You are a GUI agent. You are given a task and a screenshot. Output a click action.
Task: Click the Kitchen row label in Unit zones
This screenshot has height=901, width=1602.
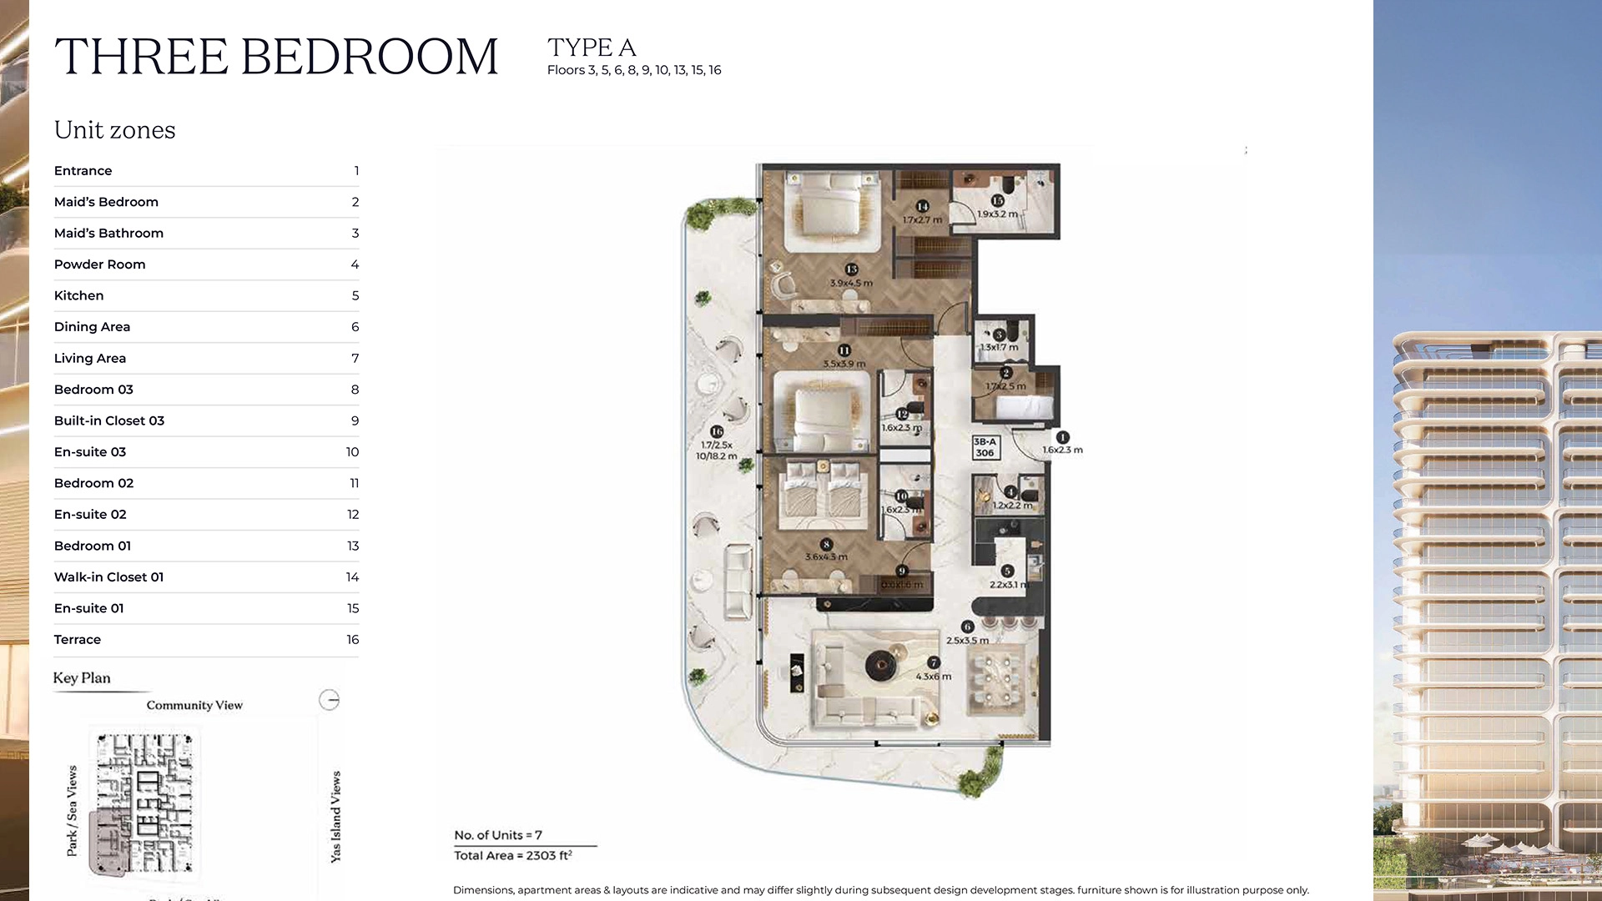[x=79, y=295]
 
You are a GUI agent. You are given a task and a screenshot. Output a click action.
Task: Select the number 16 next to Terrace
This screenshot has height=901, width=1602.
[x=352, y=640]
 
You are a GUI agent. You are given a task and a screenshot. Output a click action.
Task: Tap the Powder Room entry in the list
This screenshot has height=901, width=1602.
[x=100, y=264]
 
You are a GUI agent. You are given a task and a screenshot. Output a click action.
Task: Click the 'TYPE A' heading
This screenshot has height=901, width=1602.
[x=592, y=48]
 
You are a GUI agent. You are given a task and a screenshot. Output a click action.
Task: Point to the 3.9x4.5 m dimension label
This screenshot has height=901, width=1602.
[x=851, y=284]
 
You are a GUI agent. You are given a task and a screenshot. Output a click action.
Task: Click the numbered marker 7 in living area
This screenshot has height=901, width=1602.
[x=934, y=662]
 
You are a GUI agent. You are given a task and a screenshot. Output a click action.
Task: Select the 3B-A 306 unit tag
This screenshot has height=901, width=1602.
[x=985, y=447]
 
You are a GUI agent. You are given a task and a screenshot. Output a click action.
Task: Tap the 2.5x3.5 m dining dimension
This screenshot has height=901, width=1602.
[x=967, y=641]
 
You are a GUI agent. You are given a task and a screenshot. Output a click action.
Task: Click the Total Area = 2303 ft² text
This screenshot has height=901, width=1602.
[x=513, y=856]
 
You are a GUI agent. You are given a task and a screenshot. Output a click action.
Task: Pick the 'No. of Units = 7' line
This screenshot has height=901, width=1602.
[x=498, y=835]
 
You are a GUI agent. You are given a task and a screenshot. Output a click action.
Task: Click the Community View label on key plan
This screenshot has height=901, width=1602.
[x=194, y=706]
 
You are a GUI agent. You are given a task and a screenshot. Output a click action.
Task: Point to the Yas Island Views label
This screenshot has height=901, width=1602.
[x=335, y=817]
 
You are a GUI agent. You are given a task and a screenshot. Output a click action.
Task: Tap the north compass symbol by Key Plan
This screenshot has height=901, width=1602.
[x=330, y=700]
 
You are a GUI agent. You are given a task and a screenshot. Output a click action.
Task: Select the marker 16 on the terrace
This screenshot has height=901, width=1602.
[x=717, y=431]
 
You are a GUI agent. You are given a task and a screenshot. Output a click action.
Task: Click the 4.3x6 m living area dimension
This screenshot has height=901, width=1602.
[x=933, y=677]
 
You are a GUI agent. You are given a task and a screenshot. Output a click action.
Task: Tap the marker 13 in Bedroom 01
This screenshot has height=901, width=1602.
[x=851, y=269]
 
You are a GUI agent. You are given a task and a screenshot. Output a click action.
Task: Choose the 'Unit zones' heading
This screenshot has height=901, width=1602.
[x=115, y=130]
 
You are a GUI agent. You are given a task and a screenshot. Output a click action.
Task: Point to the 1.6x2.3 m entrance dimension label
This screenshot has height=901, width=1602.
[x=1062, y=450]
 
